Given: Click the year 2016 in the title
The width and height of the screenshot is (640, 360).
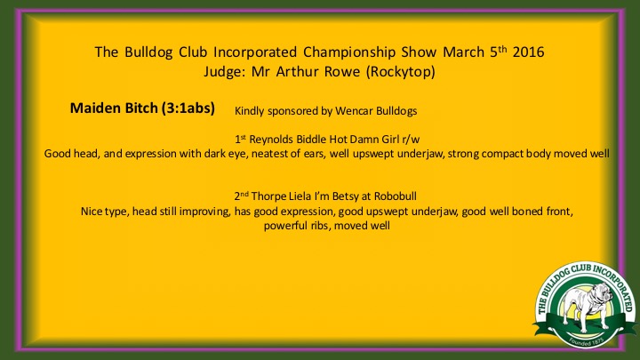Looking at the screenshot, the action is click(x=528, y=52).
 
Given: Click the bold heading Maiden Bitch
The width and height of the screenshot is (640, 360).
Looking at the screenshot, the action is click(x=114, y=108).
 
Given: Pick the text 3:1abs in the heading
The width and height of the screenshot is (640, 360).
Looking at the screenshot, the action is click(x=188, y=108).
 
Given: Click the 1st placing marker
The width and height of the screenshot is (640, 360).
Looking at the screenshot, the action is click(x=240, y=140).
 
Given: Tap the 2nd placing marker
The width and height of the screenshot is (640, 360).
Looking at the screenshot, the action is click(x=241, y=196).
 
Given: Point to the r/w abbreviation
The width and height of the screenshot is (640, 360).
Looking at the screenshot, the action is click(x=411, y=140).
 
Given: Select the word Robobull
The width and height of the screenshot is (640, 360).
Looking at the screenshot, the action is click(x=396, y=196).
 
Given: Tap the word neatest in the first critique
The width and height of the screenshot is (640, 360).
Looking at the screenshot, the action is click(x=270, y=154).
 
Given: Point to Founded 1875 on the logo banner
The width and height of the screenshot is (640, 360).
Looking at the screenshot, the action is click(x=586, y=341).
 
